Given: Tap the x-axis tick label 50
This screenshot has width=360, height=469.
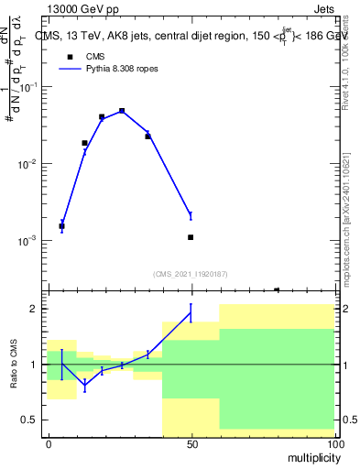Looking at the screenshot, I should pyautogui.click(x=191, y=444).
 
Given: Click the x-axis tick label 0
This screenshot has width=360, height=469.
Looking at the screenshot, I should pyautogui.click(x=49, y=444).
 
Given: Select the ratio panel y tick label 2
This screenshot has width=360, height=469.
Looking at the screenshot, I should pyautogui.click(x=34, y=309).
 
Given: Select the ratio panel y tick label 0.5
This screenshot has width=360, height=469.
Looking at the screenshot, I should pyautogui.click(x=30, y=420).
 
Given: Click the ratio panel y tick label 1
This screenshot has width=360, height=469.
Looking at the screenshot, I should pyautogui.click(x=34, y=365).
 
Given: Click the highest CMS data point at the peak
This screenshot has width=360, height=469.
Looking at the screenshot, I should pyautogui.click(x=122, y=111).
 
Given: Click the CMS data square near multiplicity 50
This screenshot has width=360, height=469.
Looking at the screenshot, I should pyautogui.click(x=191, y=237).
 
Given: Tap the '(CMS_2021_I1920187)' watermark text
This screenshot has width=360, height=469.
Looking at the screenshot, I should pyautogui.click(x=191, y=273).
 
